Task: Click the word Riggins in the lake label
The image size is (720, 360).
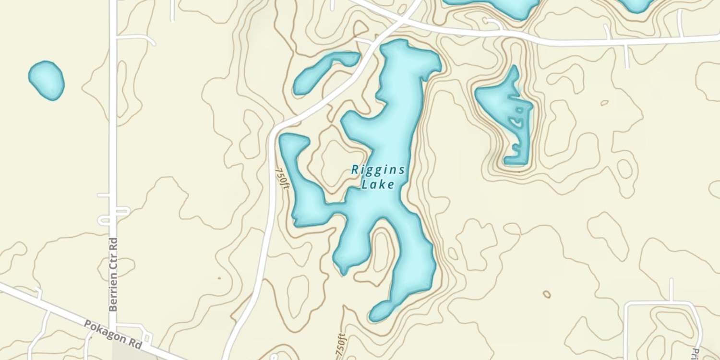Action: point(378,170)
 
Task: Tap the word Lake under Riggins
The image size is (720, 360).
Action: point(378,184)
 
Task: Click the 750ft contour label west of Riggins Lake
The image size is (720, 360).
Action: point(282,178)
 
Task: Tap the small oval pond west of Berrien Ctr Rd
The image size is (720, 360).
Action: point(46,80)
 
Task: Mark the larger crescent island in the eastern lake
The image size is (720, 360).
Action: point(518,122)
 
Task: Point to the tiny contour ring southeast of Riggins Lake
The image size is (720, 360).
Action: point(546,294)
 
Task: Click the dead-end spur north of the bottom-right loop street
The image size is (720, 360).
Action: point(671,290)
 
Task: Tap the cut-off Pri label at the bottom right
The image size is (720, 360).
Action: point(695,352)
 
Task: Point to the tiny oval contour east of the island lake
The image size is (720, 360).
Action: point(604,103)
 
